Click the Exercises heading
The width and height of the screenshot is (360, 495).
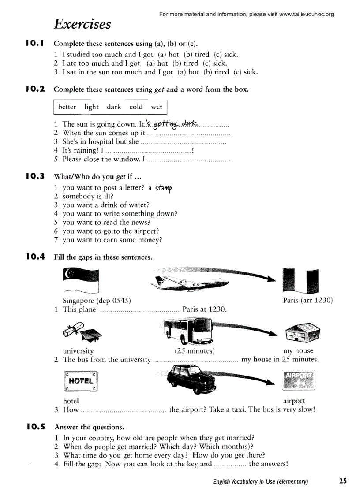[82, 24]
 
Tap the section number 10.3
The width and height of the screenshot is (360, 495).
[35, 176]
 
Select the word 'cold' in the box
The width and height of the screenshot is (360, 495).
[136, 107]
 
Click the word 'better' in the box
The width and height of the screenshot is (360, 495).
[67, 107]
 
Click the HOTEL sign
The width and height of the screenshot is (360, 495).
[80, 381]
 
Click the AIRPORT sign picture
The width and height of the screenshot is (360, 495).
[299, 380]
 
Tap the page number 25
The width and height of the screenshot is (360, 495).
[343, 481]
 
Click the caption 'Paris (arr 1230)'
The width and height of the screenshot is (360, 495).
[307, 301]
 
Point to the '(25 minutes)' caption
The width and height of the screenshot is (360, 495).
[195, 351]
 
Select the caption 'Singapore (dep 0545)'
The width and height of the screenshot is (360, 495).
[97, 301]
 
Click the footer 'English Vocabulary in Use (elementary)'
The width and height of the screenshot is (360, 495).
[260, 481]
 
